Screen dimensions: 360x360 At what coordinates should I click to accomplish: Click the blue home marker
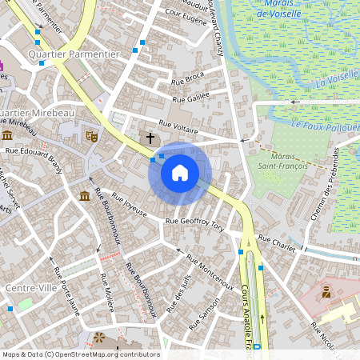pyautogui.click(x=180, y=172)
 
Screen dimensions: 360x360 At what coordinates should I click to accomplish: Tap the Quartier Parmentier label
pyautogui.click(x=73, y=54)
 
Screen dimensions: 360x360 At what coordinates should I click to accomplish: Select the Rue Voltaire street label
pyautogui.click(x=178, y=126)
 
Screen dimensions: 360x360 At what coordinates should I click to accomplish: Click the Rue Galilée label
pyautogui.click(x=190, y=97)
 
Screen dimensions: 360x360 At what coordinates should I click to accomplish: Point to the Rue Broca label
pyautogui.click(x=188, y=78)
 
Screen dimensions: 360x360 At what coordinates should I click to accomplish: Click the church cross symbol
pyautogui.click(x=149, y=139)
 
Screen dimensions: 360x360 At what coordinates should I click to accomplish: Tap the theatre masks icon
pyautogui.click(x=92, y=137)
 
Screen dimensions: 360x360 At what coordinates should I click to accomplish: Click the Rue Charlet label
pyautogui.click(x=276, y=242)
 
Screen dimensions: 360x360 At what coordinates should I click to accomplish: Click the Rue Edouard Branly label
pyautogui.click(x=34, y=154)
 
